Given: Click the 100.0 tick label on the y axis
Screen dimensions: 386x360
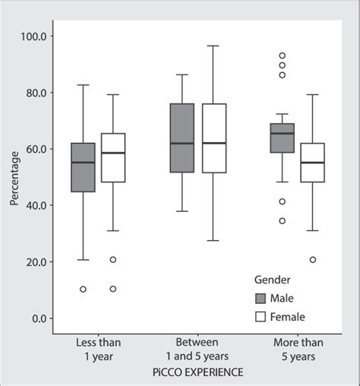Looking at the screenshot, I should [x=36, y=36].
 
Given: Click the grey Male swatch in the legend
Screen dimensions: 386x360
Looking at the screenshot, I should [x=260, y=298].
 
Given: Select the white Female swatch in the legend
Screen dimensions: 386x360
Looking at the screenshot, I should [x=260, y=317].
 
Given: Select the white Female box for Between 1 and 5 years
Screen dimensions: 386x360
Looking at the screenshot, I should [x=214, y=138].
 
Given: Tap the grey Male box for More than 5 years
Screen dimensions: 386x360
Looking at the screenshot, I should [x=283, y=138].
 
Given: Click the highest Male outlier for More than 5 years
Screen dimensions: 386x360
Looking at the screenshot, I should [x=283, y=55].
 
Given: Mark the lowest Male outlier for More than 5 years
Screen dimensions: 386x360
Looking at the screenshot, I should [x=283, y=221].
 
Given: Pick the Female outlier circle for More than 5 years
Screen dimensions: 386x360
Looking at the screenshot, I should [x=313, y=260].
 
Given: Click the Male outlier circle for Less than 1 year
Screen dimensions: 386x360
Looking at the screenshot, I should [x=83, y=289].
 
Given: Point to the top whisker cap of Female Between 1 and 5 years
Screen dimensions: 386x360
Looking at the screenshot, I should [x=214, y=46].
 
